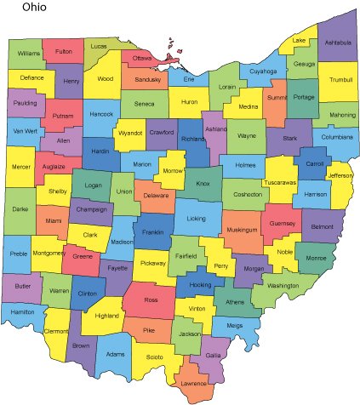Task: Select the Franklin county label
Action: click(153, 231)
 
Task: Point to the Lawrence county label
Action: click(194, 384)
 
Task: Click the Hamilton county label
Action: click(22, 312)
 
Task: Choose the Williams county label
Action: click(29, 54)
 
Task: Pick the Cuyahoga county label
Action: click(263, 71)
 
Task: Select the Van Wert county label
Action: click(23, 131)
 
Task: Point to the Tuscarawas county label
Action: click(280, 182)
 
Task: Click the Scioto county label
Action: click(153, 357)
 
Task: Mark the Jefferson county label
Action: click(340, 176)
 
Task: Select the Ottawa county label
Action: click(142, 58)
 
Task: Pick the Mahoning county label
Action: click(342, 114)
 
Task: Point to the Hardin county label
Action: click(100, 152)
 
